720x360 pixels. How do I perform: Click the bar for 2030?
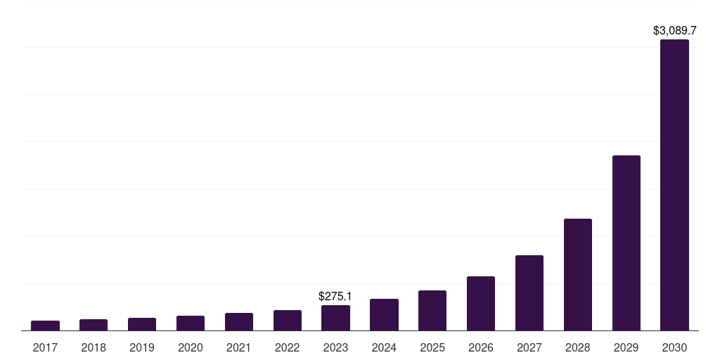click(674, 185)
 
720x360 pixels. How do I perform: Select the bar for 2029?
click(626, 243)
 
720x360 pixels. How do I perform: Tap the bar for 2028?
click(578, 274)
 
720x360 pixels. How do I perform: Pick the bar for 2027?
click(529, 292)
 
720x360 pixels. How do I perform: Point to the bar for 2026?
click(481, 303)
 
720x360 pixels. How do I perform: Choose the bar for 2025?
click(432, 310)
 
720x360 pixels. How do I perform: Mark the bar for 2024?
click(384, 314)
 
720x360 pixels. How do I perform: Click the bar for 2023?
click(335, 318)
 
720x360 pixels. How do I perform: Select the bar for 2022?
click(288, 320)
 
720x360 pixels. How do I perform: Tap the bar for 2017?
click(45, 326)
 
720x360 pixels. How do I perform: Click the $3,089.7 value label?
click(674, 31)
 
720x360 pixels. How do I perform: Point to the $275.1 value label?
click(335, 297)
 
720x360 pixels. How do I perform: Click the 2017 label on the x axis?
click(45, 347)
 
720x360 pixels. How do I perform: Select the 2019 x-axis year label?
click(142, 347)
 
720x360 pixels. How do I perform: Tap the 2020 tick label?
click(191, 347)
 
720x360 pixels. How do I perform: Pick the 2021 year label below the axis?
click(239, 347)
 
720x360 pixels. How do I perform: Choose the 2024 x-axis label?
click(384, 347)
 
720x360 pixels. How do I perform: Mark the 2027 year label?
click(529, 347)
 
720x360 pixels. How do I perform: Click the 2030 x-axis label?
click(674, 347)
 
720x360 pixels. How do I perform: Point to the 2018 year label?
click(94, 347)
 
